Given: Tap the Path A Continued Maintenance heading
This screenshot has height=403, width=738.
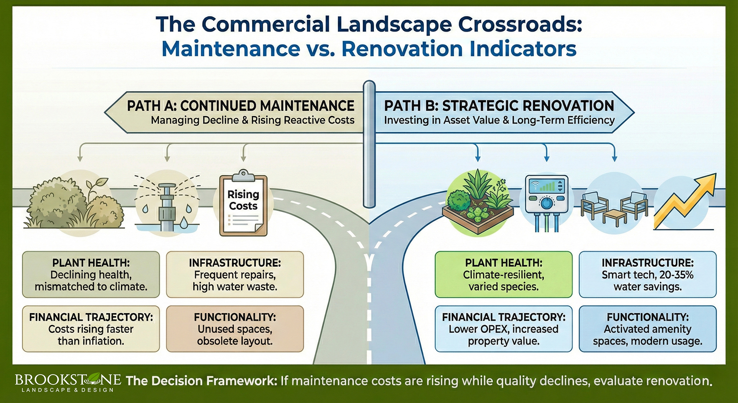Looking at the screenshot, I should click(240, 106).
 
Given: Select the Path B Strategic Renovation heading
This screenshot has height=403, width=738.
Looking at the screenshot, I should click(499, 106).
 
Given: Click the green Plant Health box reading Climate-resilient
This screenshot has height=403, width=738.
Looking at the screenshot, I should click(503, 275).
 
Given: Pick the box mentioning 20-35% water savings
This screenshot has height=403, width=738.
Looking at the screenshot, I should click(647, 275).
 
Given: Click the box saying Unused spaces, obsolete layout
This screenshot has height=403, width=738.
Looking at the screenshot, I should click(235, 329).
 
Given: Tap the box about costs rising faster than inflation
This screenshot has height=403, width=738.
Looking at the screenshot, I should click(91, 329).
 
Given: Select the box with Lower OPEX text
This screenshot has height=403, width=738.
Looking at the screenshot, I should click(503, 329).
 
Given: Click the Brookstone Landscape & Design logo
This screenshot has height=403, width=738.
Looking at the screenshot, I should click(68, 382).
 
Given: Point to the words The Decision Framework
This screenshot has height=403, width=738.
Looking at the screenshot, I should click(202, 381).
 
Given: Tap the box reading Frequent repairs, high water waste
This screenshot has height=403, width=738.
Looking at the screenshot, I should click(235, 275).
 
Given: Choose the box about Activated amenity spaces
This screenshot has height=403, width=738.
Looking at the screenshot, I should click(647, 329).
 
